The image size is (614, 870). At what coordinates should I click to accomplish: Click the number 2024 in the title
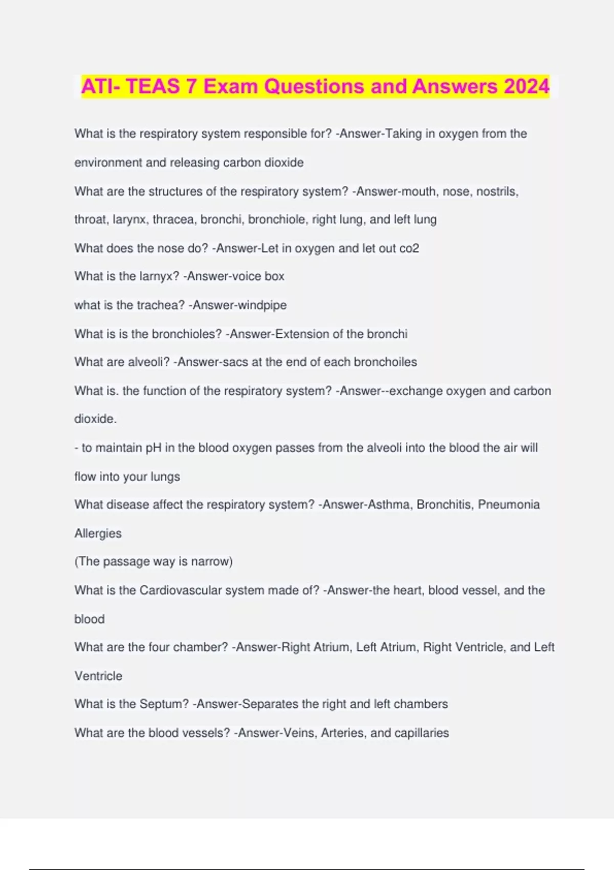527,86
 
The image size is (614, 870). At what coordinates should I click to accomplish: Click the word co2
409,248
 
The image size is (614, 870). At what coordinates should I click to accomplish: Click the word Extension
302,334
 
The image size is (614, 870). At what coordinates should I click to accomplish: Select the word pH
153,448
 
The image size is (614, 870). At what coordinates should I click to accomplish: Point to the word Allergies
98,533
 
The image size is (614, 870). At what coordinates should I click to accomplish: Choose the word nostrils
497,191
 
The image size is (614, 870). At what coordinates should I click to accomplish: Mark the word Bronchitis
445,505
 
